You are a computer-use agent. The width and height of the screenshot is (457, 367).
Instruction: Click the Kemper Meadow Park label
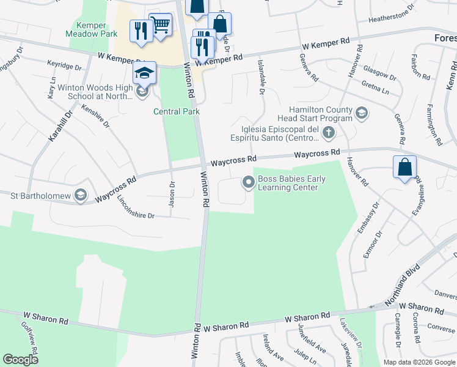[x=92, y=29]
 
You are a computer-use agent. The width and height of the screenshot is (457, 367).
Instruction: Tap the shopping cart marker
[x=160, y=25]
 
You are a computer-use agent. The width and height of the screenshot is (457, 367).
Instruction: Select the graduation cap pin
[x=144, y=73]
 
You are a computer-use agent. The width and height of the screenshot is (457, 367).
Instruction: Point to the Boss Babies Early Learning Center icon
[x=248, y=182]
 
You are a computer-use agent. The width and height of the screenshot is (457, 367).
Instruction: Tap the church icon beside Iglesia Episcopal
[x=329, y=132]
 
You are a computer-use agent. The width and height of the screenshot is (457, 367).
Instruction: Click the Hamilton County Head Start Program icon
[x=362, y=113]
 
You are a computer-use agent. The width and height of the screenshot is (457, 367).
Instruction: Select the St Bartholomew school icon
[x=79, y=195]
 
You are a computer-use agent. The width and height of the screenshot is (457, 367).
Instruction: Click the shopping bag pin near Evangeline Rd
[x=404, y=166]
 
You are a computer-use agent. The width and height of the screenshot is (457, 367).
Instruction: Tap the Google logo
[x=21, y=360]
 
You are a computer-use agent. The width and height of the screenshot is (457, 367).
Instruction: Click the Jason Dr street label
[x=172, y=194]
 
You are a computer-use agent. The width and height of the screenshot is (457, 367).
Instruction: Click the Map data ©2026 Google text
[x=419, y=362]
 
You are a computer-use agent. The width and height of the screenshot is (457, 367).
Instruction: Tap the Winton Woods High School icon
[x=142, y=92]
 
